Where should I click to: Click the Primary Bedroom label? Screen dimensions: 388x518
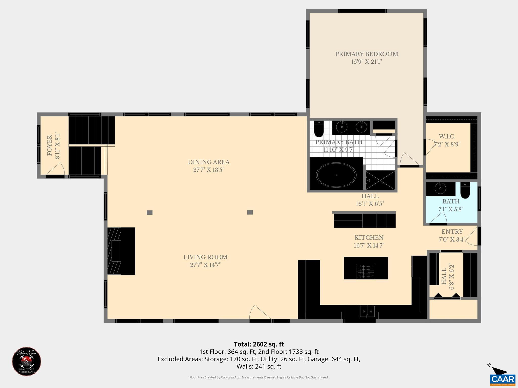tap(366, 54)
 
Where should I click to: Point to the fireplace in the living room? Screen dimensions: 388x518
tap(121, 251)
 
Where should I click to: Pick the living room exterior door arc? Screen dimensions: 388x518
tap(259, 313)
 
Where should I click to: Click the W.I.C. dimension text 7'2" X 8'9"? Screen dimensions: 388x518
tap(447, 144)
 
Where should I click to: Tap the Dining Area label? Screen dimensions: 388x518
tap(209, 162)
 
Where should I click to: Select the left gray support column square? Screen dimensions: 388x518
tap(149, 212)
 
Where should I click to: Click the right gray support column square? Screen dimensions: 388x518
tap(250, 212)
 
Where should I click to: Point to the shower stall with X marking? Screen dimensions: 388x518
tap(380, 180)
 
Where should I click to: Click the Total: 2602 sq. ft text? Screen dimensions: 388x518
tap(259, 344)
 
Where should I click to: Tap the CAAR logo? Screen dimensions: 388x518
tap(502, 379)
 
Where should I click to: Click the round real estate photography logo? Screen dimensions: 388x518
tap(27, 361)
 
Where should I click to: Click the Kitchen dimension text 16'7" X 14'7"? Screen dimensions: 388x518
tap(369, 245)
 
